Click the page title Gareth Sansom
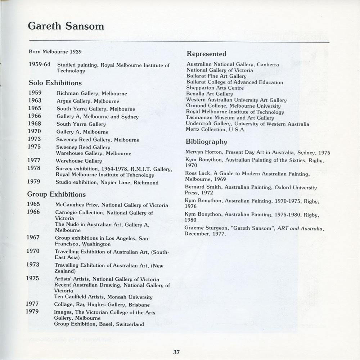(x=66, y=26)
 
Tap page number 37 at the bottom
(x=176, y=352)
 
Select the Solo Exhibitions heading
(x=55, y=83)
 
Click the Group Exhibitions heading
(x=57, y=195)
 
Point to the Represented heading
(x=206, y=54)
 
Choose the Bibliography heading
(x=206, y=141)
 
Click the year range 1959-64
(x=40, y=65)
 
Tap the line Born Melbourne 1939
(x=55, y=51)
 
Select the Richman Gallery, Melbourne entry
(x=92, y=94)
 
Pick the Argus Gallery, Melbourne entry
(x=88, y=101)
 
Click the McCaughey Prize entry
(x=112, y=205)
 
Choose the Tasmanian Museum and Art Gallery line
(x=230, y=118)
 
